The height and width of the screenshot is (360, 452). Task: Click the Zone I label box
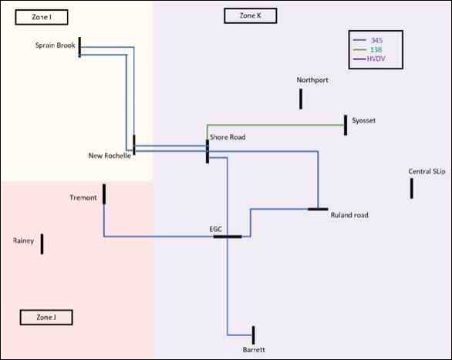coord(42,17)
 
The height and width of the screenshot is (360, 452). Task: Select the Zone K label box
coord(251,15)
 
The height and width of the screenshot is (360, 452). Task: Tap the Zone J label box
coord(46,318)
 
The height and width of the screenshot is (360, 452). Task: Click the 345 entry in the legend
coord(368,40)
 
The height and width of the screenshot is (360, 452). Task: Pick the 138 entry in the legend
coord(368,49)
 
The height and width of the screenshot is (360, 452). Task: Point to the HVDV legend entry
coord(369,59)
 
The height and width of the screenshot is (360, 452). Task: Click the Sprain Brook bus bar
coord(79,47)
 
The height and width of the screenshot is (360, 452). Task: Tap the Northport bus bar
coord(301,99)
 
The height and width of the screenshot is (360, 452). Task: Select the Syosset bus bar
coord(346,125)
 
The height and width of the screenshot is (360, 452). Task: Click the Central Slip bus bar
coord(412,188)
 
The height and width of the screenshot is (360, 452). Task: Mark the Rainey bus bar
coord(42,244)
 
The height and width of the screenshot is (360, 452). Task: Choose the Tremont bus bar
coord(104,194)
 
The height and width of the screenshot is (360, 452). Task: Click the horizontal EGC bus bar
coord(228,237)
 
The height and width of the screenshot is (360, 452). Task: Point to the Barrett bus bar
coord(254,335)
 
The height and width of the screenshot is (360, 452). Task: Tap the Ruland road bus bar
coord(318,209)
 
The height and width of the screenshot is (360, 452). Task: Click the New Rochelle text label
coord(110,156)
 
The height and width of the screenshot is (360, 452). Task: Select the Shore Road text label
coord(228,137)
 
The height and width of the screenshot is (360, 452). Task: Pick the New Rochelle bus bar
coord(134,145)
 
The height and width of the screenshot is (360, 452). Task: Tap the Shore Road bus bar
coord(207,152)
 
